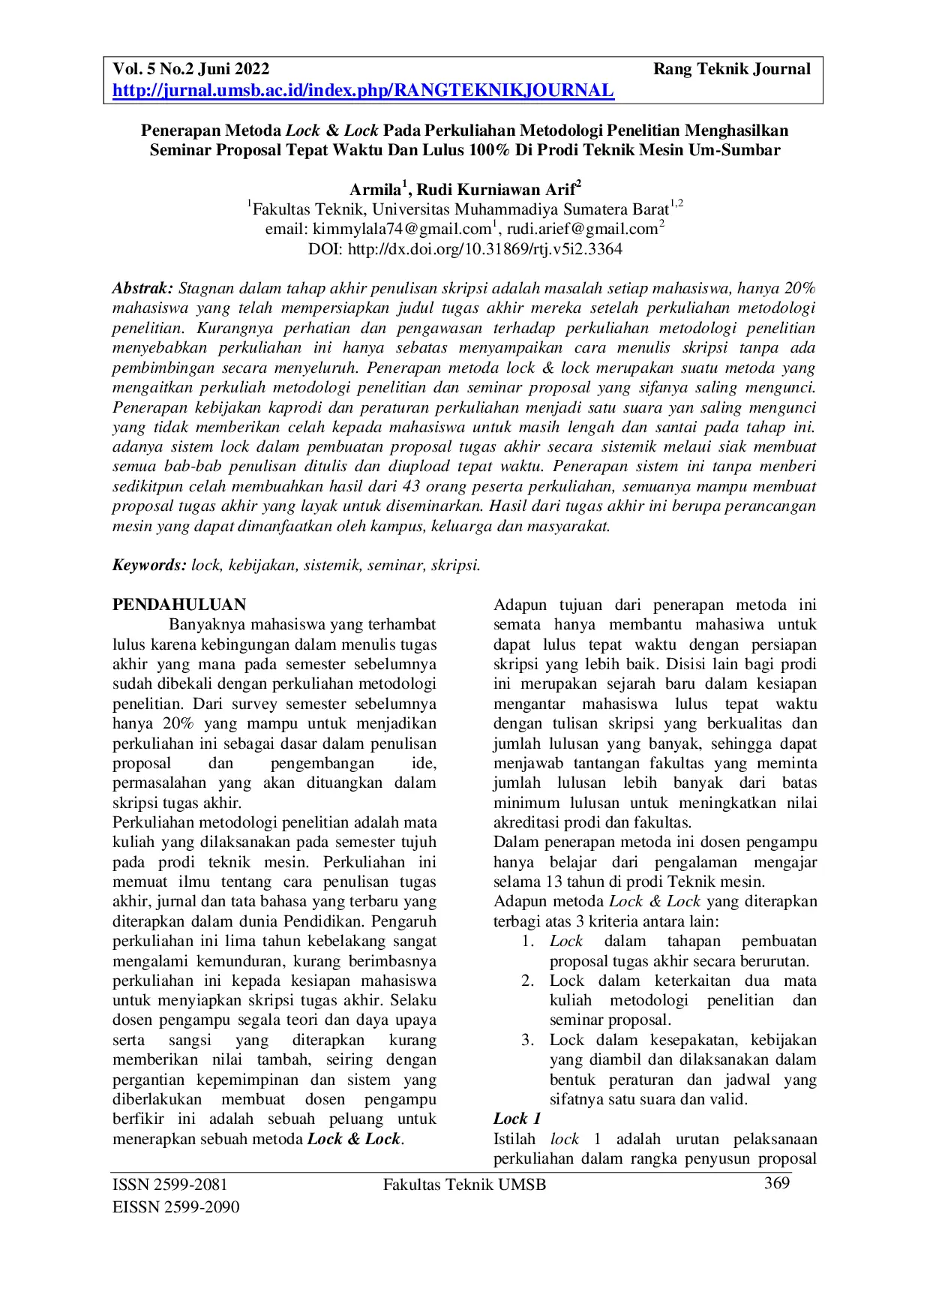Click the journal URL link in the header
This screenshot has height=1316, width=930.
point(363,91)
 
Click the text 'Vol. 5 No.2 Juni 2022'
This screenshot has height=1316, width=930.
point(190,70)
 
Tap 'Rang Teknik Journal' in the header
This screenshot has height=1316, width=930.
point(731,70)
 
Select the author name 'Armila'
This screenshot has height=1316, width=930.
point(375,189)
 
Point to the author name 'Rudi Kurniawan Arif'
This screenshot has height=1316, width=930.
point(496,189)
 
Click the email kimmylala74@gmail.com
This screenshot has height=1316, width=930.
point(402,229)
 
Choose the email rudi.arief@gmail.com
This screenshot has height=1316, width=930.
point(582,229)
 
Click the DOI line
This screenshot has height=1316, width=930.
point(465,249)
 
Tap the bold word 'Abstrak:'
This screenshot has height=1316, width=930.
point(142,288)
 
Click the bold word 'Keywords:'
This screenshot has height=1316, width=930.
point(149,565)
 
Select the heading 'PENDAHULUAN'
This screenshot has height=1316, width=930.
point(179,605)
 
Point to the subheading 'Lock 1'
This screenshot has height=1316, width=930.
point(517,1119)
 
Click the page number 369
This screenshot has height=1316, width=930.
point(776,1183)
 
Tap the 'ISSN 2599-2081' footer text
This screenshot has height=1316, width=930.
point(169,1185)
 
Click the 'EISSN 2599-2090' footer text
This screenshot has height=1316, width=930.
point(175,1207)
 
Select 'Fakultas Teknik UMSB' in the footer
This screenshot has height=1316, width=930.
point(464,1185)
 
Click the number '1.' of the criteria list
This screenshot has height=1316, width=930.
point(528,942)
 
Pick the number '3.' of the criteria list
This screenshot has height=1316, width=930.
point(528,1040)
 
